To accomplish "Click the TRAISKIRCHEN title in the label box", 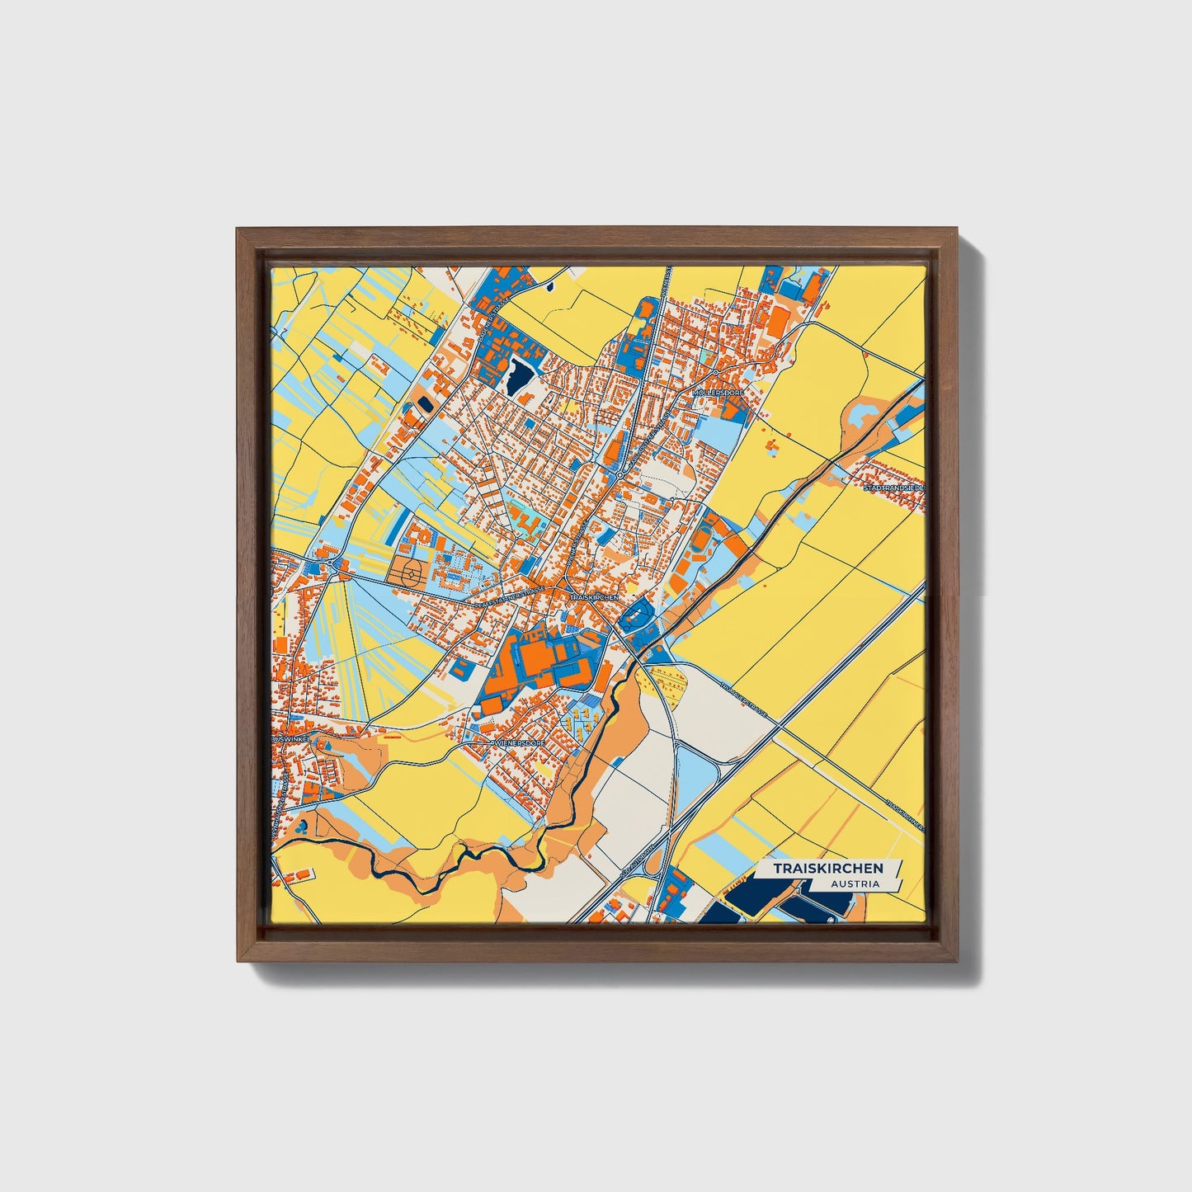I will (x=827, y=869).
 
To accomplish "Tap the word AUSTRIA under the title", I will (x=855, y=884).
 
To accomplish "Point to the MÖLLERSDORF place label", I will (x=719, y=393).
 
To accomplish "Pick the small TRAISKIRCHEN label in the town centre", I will (x=593, y=596).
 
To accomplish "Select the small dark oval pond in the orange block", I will (x=425, y=404).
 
